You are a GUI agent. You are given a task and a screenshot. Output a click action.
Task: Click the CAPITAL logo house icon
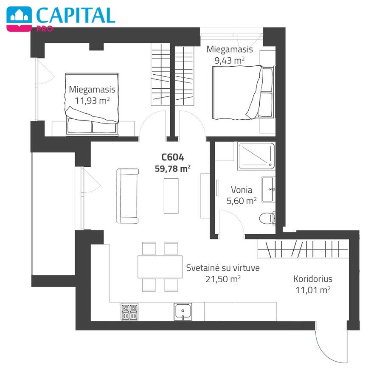19,18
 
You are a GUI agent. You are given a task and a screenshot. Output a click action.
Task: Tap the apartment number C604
172,157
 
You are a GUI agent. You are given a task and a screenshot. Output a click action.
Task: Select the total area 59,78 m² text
172,169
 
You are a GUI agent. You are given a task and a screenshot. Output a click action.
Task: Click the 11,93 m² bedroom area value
92,100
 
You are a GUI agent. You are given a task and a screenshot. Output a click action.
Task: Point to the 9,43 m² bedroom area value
229,60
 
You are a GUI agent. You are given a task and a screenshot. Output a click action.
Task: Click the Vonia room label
241,190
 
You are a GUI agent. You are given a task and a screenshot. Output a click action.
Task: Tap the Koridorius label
313,279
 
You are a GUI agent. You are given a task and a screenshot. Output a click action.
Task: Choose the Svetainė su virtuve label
223,268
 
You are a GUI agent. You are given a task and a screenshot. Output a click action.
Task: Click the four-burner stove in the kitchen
129,312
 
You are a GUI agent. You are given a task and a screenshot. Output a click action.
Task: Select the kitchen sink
183,312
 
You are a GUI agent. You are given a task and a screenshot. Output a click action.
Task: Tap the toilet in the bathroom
267,218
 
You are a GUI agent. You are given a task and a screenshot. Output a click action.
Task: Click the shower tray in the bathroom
256,156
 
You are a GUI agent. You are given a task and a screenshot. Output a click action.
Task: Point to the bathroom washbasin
269,190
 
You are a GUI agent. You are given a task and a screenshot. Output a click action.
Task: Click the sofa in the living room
128,196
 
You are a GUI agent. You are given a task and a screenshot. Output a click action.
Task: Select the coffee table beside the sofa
171,196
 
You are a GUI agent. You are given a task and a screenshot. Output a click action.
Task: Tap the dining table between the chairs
160,267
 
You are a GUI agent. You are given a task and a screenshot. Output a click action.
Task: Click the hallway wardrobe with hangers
303,249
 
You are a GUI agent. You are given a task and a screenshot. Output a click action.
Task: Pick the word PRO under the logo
45,29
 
